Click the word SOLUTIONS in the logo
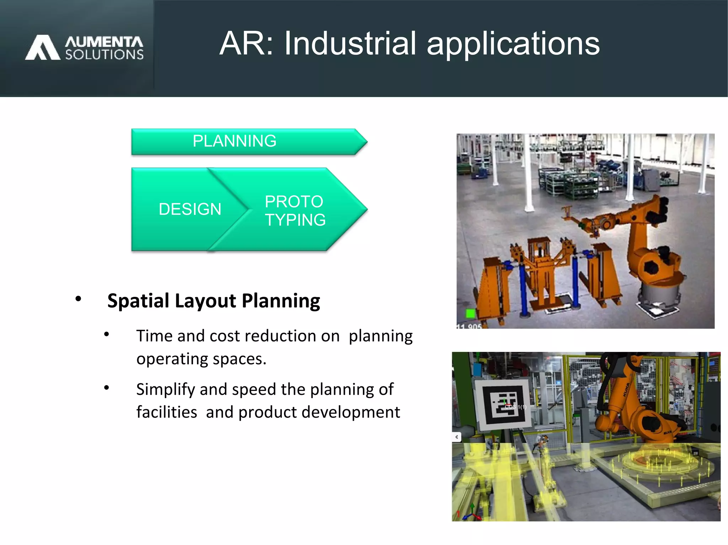coord(105,55)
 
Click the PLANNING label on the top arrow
coord(234,141)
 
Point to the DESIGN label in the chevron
coord(190,209)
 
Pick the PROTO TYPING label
coord(295,211)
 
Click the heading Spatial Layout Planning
coord(214,301)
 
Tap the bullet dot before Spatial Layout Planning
coord(78,299)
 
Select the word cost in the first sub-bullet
coord(225,336)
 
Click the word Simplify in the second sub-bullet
coord(166,389)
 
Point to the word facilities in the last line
coord(166,412)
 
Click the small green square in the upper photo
coord(470,313)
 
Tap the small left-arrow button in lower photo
coord(457,437)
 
